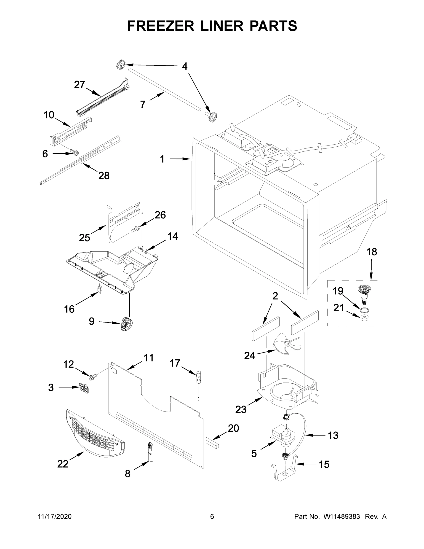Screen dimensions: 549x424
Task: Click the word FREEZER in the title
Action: pyautogui.click(x=160, y=26)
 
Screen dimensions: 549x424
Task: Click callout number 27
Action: pyautogui.click(x=80, y=85)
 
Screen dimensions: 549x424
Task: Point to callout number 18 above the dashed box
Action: pyautogui.click(x=372, y=252)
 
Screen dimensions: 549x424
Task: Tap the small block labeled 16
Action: pyautogui.click(x=100, y=289)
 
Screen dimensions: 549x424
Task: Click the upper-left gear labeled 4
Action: pyautogui.click(x=121, y=66)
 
